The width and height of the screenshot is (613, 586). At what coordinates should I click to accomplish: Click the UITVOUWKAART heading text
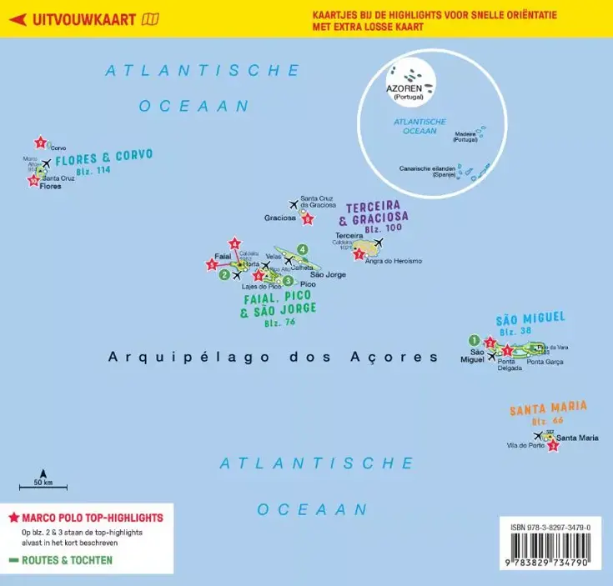(84, 20)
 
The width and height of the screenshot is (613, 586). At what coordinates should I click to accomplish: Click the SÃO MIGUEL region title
(530, 318)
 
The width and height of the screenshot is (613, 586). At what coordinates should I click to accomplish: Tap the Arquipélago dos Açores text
(273, 357)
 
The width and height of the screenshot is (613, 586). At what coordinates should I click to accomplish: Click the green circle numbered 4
(303, 248)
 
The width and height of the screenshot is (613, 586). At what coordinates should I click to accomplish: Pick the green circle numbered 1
(474, 340)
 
